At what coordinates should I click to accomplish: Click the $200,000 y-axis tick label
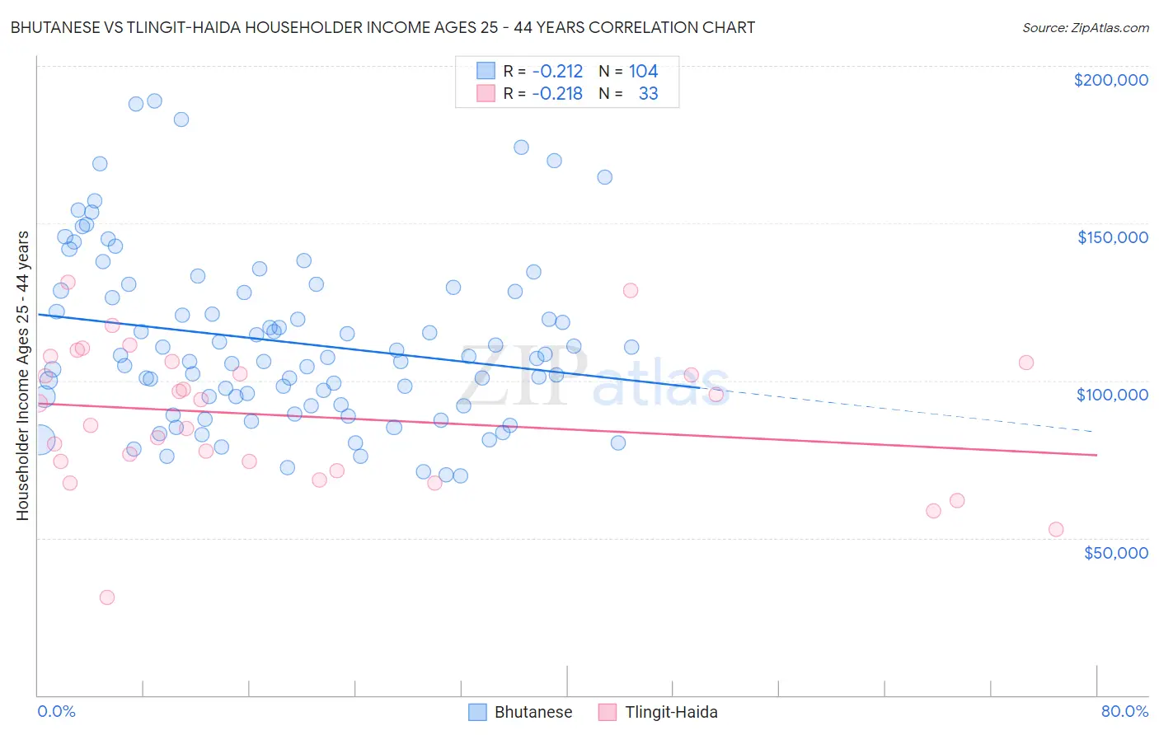1110,80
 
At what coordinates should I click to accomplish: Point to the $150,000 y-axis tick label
1112,237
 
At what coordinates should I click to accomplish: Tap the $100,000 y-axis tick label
1112,395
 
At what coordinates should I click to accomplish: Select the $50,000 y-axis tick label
1115,552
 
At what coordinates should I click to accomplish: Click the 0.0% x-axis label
56,711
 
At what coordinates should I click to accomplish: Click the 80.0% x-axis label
1124,711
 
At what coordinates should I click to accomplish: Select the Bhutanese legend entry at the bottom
520,712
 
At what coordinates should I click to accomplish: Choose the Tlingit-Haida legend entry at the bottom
658,712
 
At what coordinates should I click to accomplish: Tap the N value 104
643,72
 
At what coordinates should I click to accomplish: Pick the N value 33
648,94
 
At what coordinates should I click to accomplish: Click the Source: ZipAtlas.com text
1085,28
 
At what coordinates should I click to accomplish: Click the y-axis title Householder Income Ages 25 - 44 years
23,375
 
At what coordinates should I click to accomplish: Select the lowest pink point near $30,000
106,597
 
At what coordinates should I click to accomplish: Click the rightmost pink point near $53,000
1056,530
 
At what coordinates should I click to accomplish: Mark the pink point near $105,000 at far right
1026,363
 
